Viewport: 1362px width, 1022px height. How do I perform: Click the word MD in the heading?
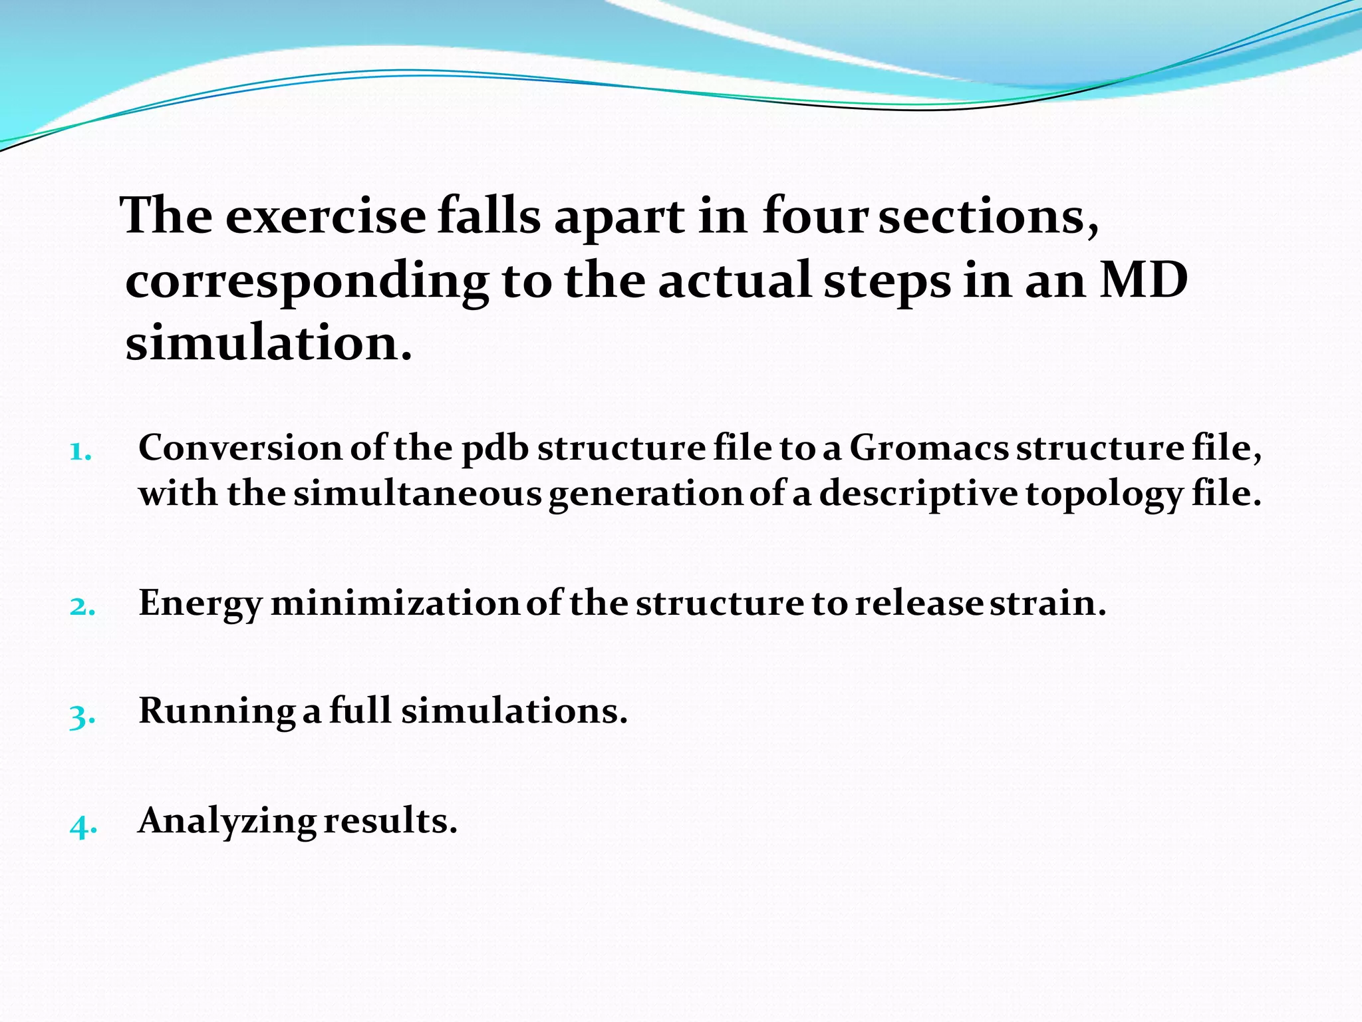[1143, 280]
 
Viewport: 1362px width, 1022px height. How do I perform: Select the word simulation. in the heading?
[269, 343]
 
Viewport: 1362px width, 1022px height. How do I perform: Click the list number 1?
[80, 452]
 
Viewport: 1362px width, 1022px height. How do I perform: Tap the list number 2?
[82, 607]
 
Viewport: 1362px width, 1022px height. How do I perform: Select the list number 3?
[82, 716]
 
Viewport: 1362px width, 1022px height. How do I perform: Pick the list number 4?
[83, 826]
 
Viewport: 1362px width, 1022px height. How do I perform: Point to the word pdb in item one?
[495, 448]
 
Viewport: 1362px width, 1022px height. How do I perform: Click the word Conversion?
[240, 448]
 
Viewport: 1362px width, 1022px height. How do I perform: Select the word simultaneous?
[418, 494]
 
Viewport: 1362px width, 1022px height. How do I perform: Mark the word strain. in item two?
[1047, 603]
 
